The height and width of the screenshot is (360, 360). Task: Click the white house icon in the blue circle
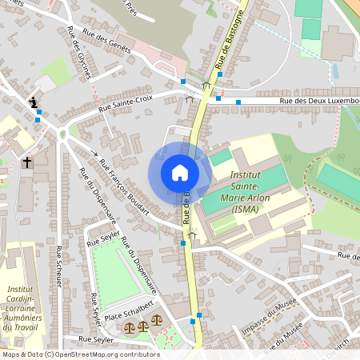179,173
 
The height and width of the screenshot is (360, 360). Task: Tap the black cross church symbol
26,162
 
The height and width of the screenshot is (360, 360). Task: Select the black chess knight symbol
34,102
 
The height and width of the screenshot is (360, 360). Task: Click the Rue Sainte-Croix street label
125,104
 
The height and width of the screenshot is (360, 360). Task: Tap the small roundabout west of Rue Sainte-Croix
64,134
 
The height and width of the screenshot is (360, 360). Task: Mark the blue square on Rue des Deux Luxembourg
238,102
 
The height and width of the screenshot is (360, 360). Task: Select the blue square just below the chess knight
38,114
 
